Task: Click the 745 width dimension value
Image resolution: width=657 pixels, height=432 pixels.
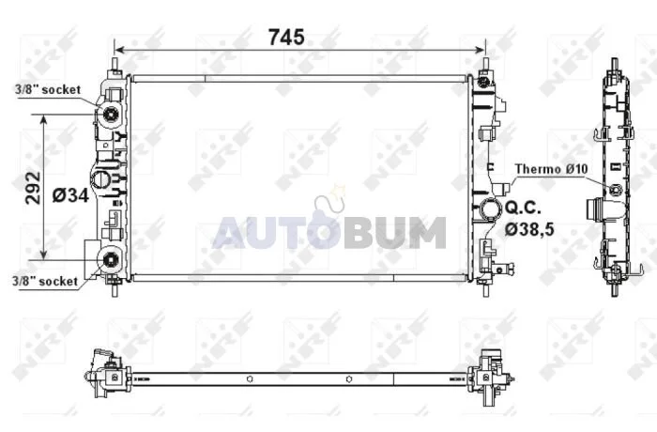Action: pos(286,37)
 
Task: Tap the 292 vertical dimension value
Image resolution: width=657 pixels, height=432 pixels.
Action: pos(33,188)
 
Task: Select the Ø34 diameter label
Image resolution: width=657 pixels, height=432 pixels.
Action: pos(70,195)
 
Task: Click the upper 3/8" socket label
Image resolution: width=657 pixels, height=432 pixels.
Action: pos(48,89)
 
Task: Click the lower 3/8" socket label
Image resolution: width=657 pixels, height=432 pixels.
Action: pos(45,281)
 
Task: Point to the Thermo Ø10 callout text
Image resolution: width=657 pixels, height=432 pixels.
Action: pos(552,169)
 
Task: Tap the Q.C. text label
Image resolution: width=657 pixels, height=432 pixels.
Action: pos(524,208)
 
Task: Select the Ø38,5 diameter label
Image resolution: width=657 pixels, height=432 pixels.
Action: pos(529,229)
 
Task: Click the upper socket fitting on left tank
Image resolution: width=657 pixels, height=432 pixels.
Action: pos(112,113)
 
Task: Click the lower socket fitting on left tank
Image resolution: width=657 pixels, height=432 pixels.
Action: pos(110,260)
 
